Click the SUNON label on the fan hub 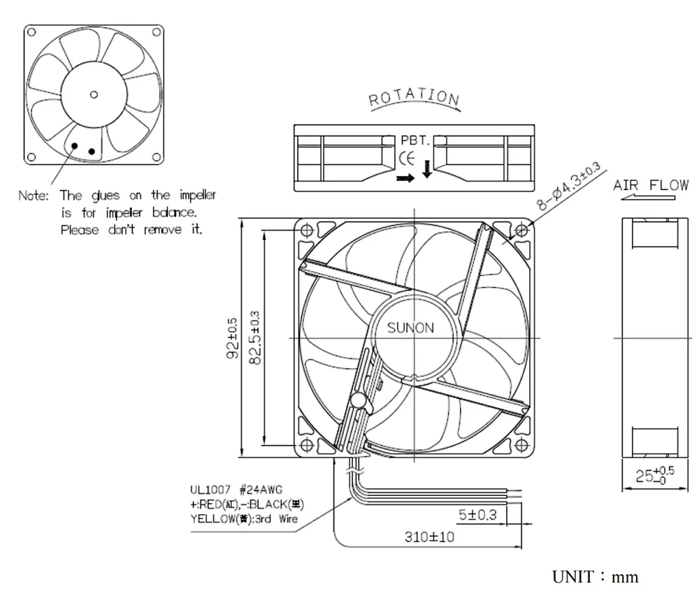click(410, 328)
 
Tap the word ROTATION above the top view click(414, 98)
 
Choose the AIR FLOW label click(650, 186)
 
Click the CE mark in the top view click(406, 158)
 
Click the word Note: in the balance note click(34, 196)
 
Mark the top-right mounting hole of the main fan click(521, 230)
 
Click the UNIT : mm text click(595, 577)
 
